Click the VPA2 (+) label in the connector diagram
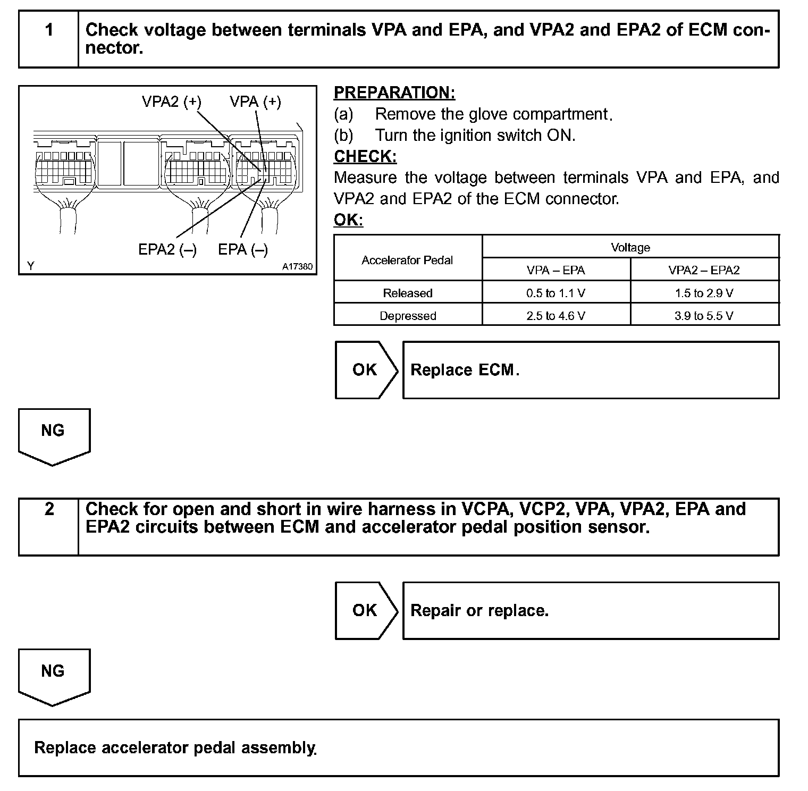click(171, 102)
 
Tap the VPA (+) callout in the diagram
click(255, 102)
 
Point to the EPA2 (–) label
click(167, 249)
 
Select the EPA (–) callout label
click(243, 249)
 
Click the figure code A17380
click(297, 266)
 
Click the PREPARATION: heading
click(394, 92)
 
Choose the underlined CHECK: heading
click(365, 156)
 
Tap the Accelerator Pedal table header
click(407, 260)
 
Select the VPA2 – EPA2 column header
click(704, 270)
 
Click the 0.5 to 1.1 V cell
click(555, 293)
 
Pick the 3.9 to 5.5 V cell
click(704, 316)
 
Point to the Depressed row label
click(408, 316)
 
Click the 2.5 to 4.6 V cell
click(555, 316)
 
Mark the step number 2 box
click(49, 509)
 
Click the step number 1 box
click(49, 30)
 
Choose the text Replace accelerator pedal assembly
click(175, 747)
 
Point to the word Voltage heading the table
click(630, 247)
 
